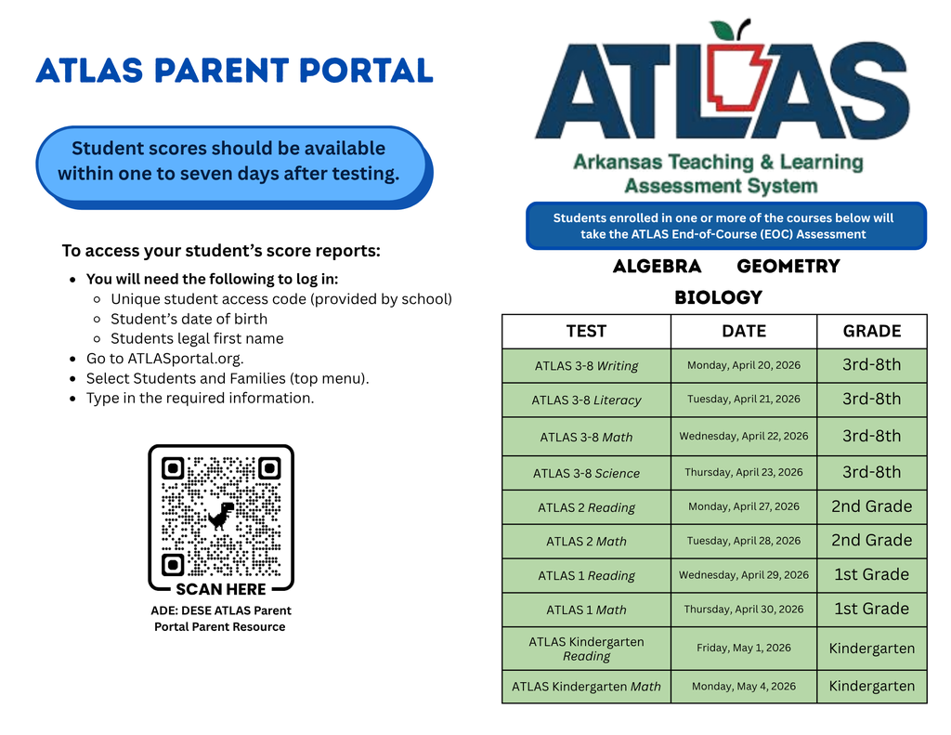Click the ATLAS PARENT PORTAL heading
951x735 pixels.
pyautogui.click(x=234, y=71)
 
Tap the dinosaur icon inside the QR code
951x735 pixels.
pyautogui.click(x=220, y=515)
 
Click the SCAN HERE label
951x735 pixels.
pyautogui.click(x=221, y=589)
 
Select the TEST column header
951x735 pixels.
pyautogui.click(x=586, y=332)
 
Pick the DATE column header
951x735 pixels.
pyautogui.click(x=744, y=332)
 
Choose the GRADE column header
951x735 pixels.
pyautogui.click(x=871, y=332)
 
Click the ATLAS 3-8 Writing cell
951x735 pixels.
pyautogui.click(x=586, y=366)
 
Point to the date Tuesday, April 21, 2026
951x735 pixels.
pyautogui.click(x=744, y=400)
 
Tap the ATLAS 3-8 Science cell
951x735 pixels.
pyautogui.click(x=586, y=473)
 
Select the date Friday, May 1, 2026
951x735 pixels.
pyautogui.click(x=744, y=648)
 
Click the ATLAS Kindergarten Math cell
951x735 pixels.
pyautogui.click(x=586, y=687)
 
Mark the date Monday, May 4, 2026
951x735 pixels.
pyautogui.click(x=744, y=687)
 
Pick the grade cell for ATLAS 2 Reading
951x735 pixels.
pyautogui.click(x=871, y=506)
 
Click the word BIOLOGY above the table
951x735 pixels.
pyautogui.click(x=718, y=298)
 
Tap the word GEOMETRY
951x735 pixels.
pyautogui.click(x=788, y=267)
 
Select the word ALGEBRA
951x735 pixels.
pyautogui.click(x=657, y=267)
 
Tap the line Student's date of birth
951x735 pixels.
pyautogui.click(x=189, y=319)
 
